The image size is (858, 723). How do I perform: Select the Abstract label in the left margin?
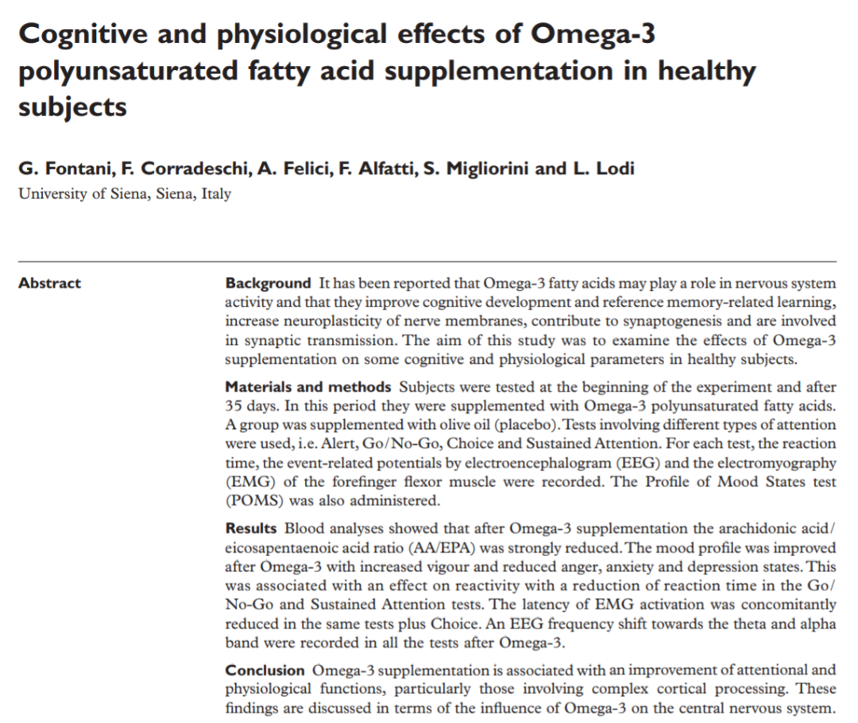50,284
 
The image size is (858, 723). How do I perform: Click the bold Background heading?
268,284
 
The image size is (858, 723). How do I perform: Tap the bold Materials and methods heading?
308,388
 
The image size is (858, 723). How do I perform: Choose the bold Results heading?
251,528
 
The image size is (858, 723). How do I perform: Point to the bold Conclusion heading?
265,671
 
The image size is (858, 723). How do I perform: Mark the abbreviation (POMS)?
254,501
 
